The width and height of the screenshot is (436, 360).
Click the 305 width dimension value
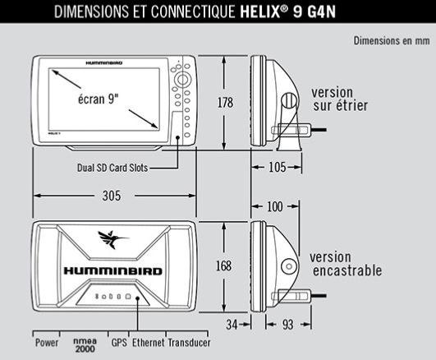tap(112, 196)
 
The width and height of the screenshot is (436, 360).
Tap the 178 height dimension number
tap(225, 103)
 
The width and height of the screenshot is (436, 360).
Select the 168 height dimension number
tap(224, 265)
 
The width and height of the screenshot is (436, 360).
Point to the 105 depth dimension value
tap(278, 167)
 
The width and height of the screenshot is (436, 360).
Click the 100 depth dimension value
tap(275, 206)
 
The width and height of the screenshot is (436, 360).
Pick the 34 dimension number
tap(232, 325)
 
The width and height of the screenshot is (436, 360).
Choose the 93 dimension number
tap(288, 325)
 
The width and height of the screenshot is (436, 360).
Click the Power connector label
tap(47, 343)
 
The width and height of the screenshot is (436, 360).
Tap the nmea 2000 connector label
tap(85, 345)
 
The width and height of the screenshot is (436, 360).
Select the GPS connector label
tap(119, 343)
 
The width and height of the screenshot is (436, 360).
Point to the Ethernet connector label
tap(148, 343)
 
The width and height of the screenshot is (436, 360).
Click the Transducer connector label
tap(189, 343)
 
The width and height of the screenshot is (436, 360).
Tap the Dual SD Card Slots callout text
tap(112, 168)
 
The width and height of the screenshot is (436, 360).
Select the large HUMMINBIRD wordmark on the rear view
tap(112, 271)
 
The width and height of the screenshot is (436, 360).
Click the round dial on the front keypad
tap(182, 80)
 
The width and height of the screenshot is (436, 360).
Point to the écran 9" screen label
tap(99, 99)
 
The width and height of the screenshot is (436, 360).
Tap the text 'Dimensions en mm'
tap(392, 41)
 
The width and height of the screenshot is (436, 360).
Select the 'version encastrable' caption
tap(347, 264)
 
